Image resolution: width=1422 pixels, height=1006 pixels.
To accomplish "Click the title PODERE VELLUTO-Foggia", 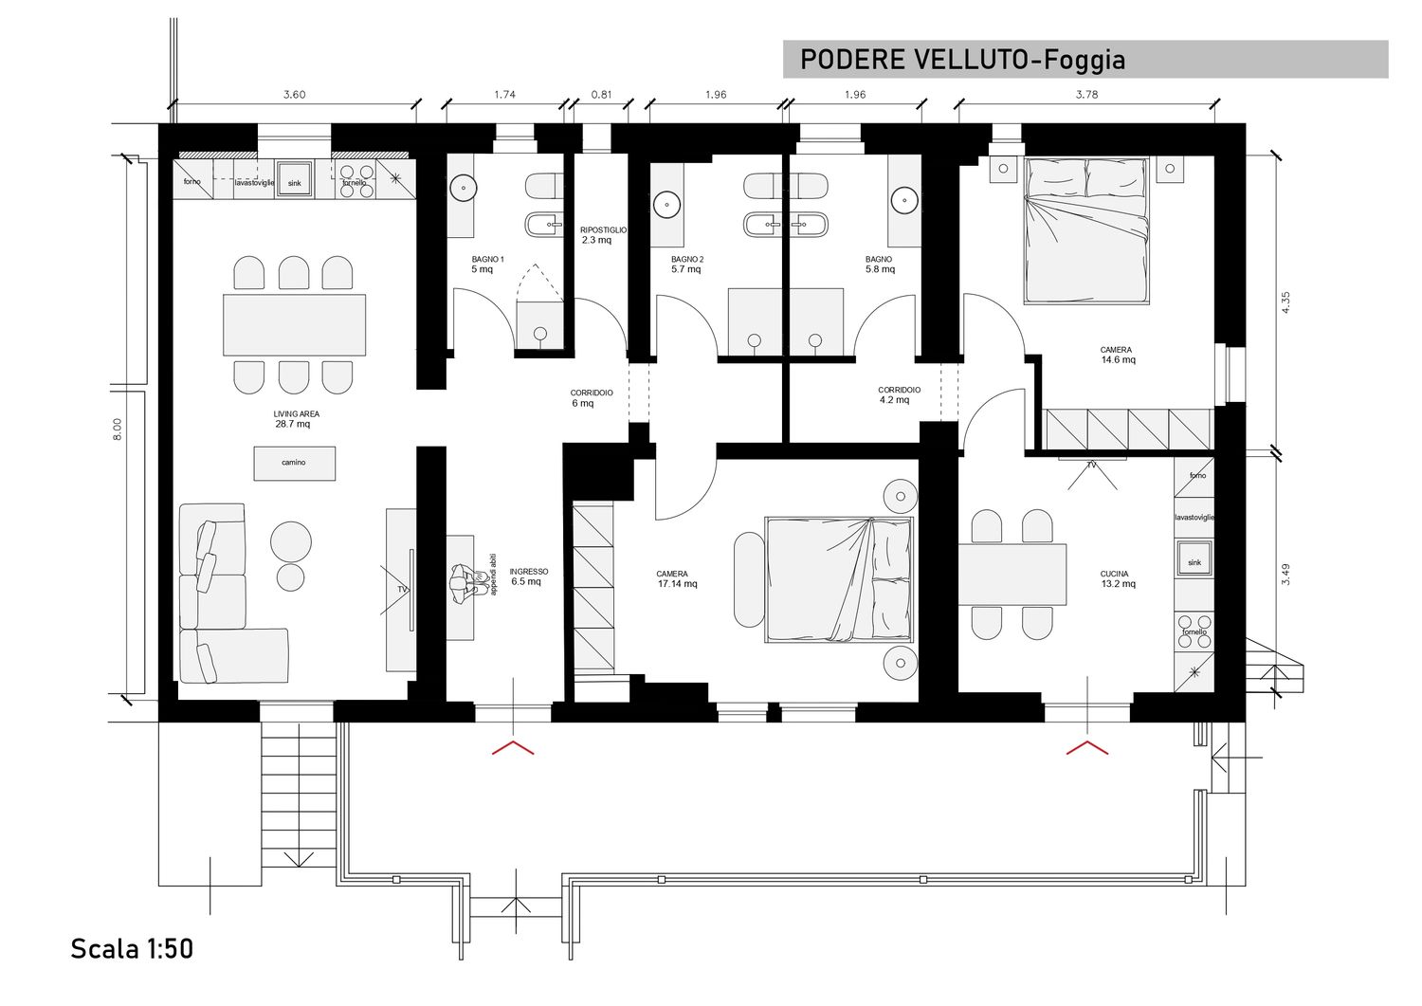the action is (x=962, y=60).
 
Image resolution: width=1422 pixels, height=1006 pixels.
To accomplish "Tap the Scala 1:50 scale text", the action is (x=132, y=948).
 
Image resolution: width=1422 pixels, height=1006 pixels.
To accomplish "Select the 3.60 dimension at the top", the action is (x=294, y=95).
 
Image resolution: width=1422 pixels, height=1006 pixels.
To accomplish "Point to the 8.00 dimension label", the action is (x=118, y=430).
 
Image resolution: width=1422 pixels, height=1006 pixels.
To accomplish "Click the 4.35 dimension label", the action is (x=1285, y=302).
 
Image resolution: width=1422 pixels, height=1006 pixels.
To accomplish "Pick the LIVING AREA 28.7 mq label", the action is (x=296, y=419).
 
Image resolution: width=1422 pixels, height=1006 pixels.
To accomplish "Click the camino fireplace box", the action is (x=295, y=463).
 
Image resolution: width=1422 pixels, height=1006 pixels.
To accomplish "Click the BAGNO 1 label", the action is (x=487, y=259).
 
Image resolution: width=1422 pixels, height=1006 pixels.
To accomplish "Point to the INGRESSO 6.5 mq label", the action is (x=528, y=576).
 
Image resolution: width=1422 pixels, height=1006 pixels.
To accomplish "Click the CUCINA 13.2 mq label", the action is (x=1118, y=578).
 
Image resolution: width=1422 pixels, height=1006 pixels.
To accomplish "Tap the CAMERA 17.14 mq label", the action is (x=677, y=578).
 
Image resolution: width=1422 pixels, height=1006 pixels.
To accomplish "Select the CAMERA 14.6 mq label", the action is (x=1118, y=355).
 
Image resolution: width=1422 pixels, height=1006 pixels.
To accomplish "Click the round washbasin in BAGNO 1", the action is (x=465, y=188).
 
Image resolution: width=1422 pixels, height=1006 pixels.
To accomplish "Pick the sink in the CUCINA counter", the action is (x=1194, y=558).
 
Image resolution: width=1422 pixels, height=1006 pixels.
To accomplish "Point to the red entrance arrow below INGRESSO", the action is (x=513, y=747).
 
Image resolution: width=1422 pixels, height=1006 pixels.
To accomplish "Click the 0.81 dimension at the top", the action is (x=601, y=95).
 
